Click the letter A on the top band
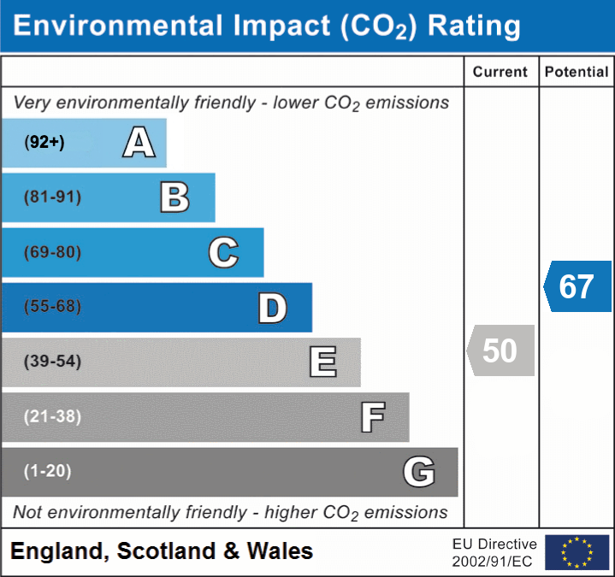(x=139, y=142)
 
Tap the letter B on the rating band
(x=174, y=197)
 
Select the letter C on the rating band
(x=223, y=252)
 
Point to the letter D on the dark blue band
(x=272, y=308)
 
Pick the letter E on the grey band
(x=322, y=362)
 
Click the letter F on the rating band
(x=372, y=417)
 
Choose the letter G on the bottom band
(x=419, y=471)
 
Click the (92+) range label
(x=44, y=142)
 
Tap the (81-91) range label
(x=53, y=197)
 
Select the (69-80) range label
(x=53, y=252)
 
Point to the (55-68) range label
(x=53, y=307)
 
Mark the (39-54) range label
(x=53, y=362)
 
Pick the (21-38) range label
(x=53, y=416)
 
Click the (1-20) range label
(x=48, y=471)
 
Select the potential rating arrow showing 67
(x=577, y=286)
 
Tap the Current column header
(x=500, y=73)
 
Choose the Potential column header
(x=577, y=73)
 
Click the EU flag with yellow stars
(x=577, y=552)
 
